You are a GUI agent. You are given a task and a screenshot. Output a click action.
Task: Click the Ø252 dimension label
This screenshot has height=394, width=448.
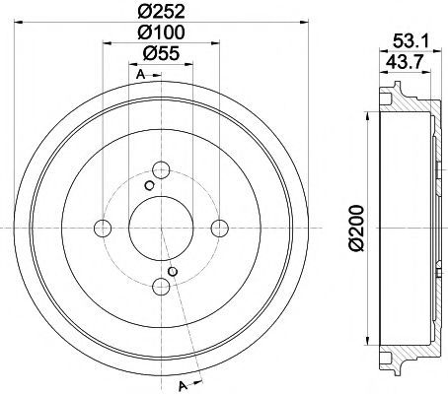coord(161,12)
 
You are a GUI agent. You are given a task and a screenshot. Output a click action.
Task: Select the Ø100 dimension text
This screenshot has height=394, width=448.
coord(161,33)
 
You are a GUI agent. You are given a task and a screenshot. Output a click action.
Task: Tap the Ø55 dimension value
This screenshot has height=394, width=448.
coord(161,53)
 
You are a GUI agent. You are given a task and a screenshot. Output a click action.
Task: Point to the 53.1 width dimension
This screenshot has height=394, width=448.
coord(411,41)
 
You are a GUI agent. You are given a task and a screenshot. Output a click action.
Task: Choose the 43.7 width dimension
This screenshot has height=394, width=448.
coord(404,62)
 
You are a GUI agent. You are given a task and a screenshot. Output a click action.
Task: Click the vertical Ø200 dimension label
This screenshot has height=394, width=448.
coord(356,229)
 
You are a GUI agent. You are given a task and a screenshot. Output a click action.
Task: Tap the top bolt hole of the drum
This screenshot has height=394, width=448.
coord(161,170)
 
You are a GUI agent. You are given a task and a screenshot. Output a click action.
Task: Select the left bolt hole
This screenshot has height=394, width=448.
coord(103,229)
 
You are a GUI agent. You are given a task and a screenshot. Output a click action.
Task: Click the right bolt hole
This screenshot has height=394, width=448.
coord(219,229)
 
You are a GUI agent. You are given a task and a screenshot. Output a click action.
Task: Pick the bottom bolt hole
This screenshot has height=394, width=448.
coord(161,287)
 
